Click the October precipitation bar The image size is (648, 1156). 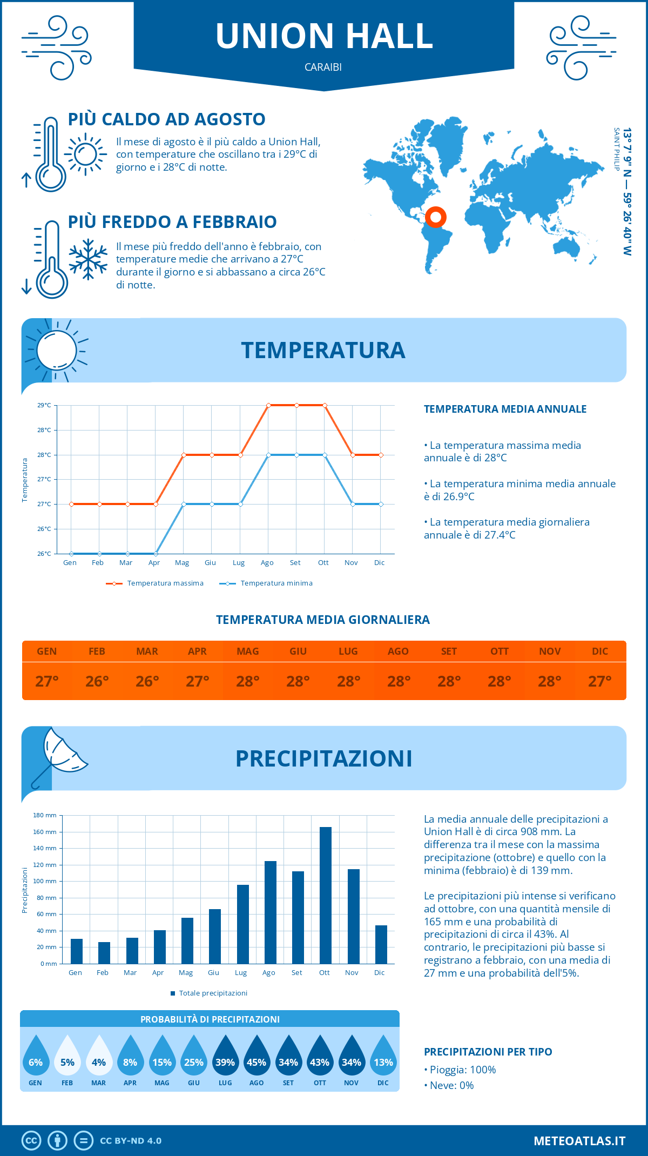325,895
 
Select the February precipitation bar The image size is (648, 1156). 104,953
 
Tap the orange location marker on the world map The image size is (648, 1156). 435,217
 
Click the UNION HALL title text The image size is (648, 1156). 324,36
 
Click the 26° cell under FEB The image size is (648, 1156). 97,681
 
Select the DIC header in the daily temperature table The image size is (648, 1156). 599,651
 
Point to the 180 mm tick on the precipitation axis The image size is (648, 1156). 45,815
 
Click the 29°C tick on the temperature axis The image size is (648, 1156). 44,405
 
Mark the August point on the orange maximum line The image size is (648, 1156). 268,405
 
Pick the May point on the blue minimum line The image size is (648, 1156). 184,504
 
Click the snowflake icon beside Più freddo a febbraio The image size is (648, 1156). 88,259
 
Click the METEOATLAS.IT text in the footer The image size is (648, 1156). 579,1141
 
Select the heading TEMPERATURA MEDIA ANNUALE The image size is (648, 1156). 505,409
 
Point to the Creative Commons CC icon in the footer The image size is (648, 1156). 31,1141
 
